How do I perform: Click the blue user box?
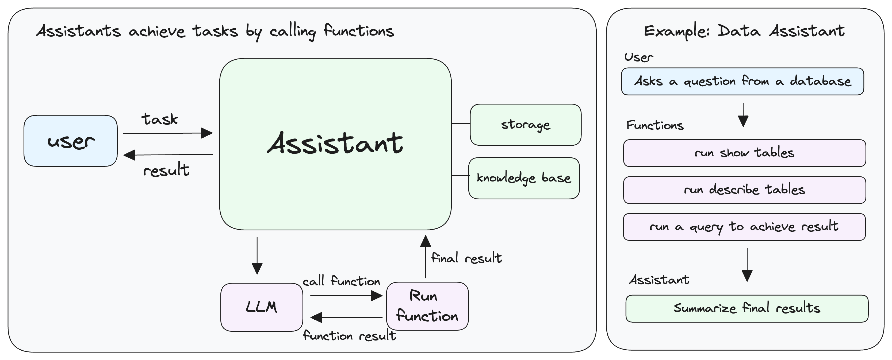[x=71, y=141]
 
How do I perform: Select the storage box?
[x=525, y=125]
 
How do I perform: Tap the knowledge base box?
[x=524, y=178]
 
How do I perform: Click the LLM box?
[x=261, y=307]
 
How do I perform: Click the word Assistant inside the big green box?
[x=335, y=143]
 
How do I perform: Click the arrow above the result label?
[x=168, y=155]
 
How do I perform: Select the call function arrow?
[x=346, y=296]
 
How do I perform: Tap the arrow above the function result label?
[x=346, y=317]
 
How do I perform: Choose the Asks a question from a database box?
[x=742, y=81]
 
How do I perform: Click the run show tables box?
[x=744, y=153]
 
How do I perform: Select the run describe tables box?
[x=744, y=190]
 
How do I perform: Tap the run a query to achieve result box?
[x=744, y=227]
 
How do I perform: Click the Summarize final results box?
[x=747, y=308]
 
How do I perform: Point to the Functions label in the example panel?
[x=655, y=125]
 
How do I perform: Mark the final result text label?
[x=466, y=258]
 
